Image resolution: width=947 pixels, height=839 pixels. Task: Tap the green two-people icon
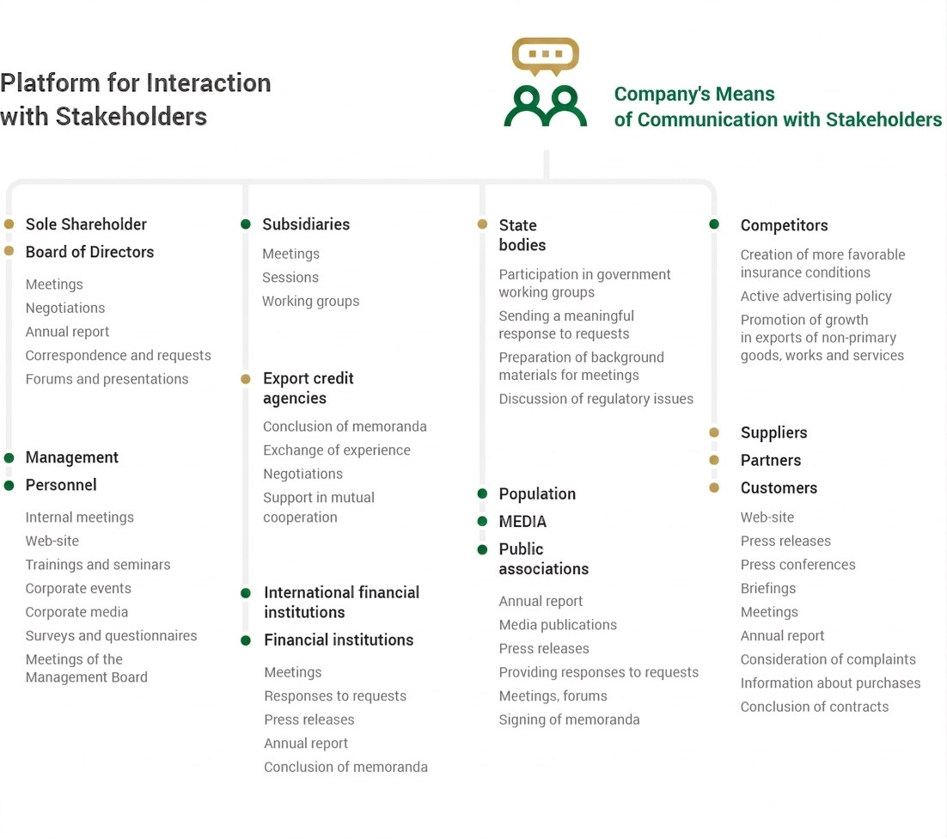click(x=546, y=107)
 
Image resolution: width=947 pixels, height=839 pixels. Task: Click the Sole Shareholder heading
click(x=86, y=224)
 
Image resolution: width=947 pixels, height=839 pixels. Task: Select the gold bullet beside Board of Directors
click(x=9, y=251)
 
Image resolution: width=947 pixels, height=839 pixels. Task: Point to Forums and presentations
click(x=107, y=379)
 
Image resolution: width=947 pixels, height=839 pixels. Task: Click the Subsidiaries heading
click(x=306, y=224)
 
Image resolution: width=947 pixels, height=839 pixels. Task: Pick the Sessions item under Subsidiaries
click(x=290, y=278)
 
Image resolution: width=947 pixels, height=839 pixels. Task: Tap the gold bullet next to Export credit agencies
click(x=245, y=379)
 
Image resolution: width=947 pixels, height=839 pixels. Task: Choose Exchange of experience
click(x=336, y=450)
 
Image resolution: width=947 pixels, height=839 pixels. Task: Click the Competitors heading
click(x=784, y=225)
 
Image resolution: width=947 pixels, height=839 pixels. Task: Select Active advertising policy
click(x=816, y=296)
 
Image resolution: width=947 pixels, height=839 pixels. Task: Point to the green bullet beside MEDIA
click(x=482, y=521)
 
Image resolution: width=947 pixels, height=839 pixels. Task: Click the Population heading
click(x=537, y=493)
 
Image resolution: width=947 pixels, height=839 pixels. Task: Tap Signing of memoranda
click(x=569, y=720)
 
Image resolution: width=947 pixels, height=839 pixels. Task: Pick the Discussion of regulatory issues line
click(x=596, y=399)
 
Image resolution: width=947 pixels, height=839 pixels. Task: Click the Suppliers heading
click(x=773, y=432)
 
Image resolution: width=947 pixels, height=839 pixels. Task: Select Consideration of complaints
click(x=828, y=659)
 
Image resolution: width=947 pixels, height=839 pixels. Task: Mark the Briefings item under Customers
click(x=768, y=588)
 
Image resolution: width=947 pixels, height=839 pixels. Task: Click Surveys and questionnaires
click(x=111, y=635)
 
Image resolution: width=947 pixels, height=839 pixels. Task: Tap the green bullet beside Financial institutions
click(x=245, y=640)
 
